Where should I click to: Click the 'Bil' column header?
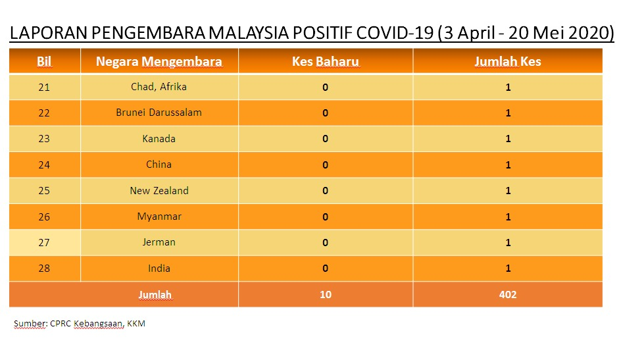click(44, 61)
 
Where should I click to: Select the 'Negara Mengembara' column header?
click(159, 62)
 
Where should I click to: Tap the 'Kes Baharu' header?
click(326, 61)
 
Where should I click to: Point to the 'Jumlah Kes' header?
click(508, 61)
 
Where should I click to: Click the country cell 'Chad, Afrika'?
click(159, 87)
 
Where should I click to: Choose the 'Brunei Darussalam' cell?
click(159, 113)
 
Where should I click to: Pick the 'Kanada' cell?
click(159, 139)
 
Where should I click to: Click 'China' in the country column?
click(159, 165)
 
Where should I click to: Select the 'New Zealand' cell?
click(159, 190)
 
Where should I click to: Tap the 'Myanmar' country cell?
click(159, 217)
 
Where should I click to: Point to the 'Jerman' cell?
click(159, 242)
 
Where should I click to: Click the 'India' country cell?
click(159, 268)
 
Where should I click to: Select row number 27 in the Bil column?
click(44, 242)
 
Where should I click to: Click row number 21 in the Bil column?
click(44, 87)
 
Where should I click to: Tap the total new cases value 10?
click(326, 294)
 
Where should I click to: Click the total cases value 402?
click(508, 294)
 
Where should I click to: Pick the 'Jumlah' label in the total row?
click(155, 295)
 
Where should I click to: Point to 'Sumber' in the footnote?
click(30, 324)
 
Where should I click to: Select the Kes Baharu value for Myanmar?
click(325, 217)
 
